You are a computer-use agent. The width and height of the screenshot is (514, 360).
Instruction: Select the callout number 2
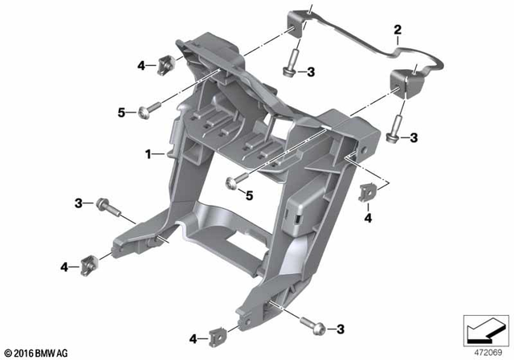tap(397, 31)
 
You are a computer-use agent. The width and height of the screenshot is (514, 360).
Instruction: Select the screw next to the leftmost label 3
tap(108, 207)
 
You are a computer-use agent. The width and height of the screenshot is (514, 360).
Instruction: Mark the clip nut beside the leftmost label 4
tap(90, 262)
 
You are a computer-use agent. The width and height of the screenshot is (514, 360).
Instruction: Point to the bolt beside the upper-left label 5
tap(145, 111)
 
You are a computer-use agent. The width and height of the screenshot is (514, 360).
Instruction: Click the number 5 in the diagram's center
tap(249, 194)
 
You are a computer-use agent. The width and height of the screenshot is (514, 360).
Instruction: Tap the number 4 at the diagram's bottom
tap(193, 337)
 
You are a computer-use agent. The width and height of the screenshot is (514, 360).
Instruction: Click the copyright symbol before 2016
tap(9, 353)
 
